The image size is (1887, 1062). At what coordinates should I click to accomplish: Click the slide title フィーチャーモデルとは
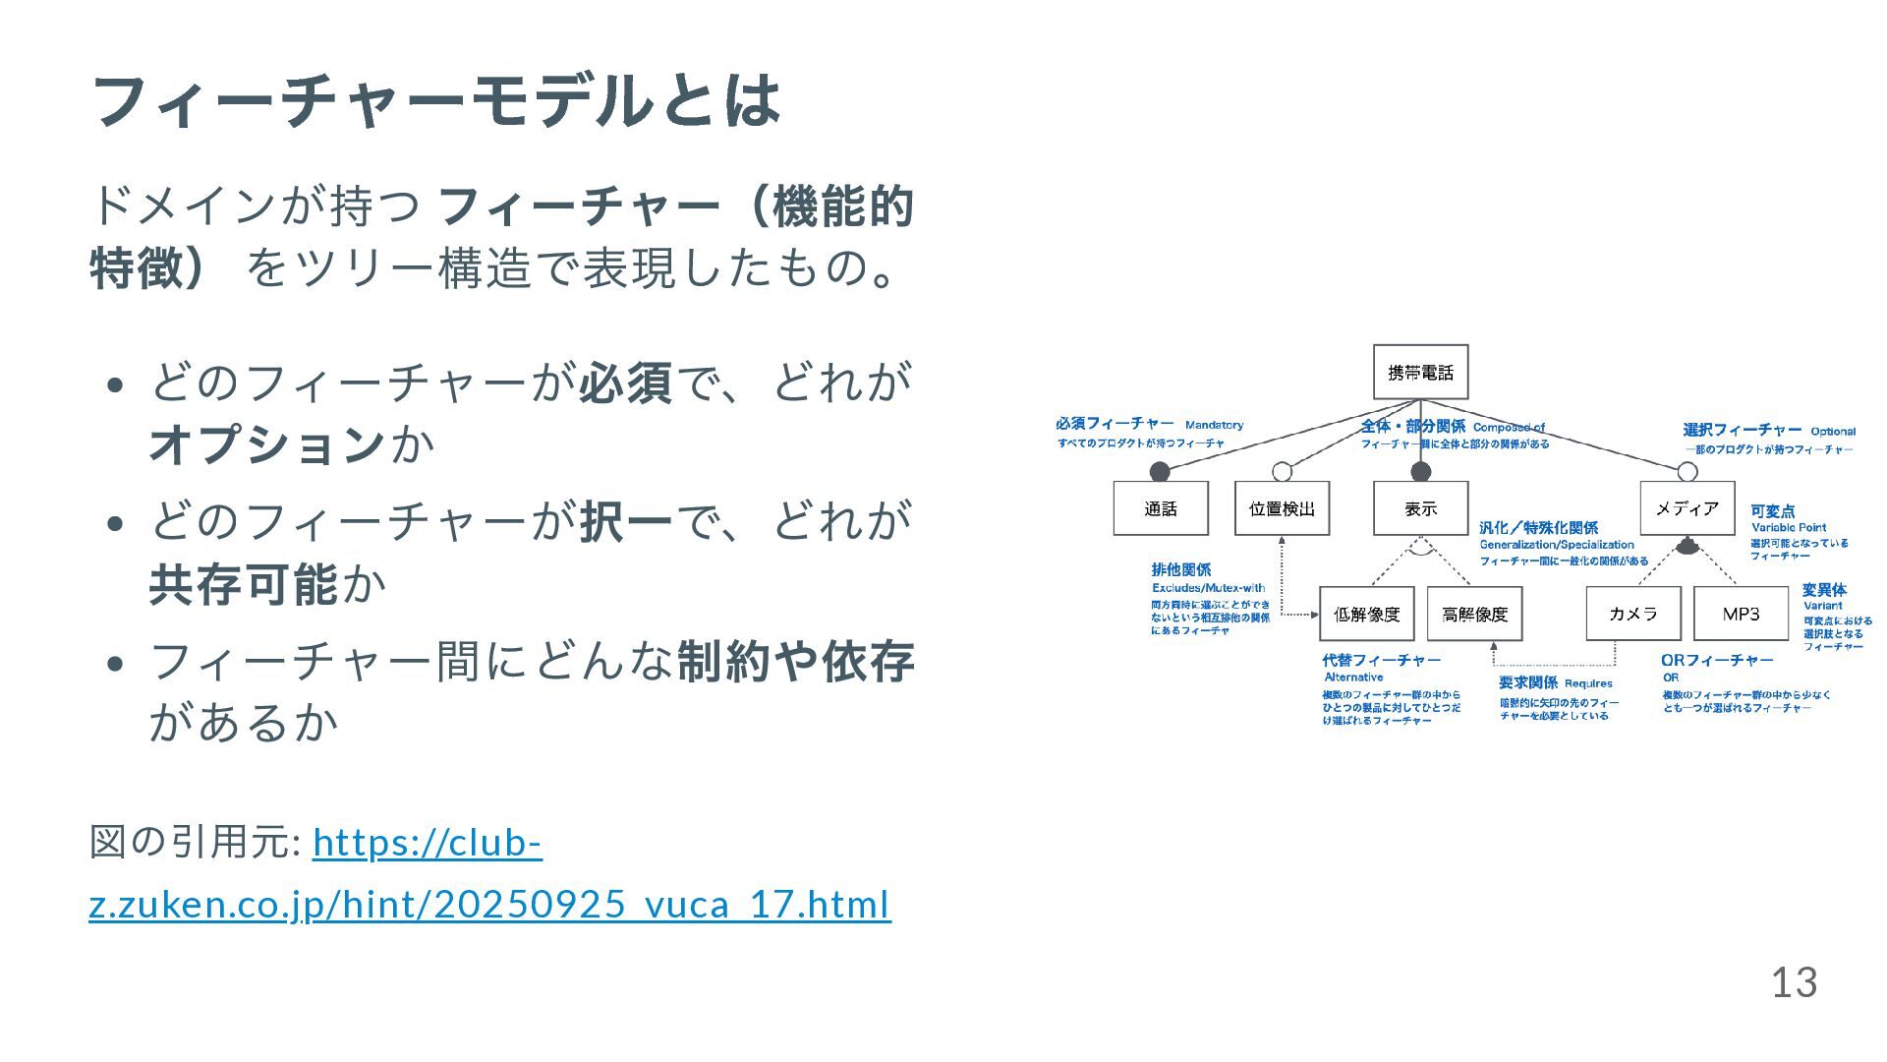coord(435,100)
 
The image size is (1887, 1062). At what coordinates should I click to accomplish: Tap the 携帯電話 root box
coord(1420,373)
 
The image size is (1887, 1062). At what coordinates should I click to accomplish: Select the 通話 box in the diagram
coord(1161,508)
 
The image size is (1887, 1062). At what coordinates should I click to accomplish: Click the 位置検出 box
coord(1282,508)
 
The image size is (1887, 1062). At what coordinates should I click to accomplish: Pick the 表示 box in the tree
coord(1420,508)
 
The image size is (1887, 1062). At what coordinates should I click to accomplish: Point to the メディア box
coord(1687,508)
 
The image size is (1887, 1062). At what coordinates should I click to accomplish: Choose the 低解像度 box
coord(1366,615)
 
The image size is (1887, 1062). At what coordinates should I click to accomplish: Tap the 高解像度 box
coord(1474,615)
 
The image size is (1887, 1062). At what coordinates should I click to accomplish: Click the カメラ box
coord(1633,614)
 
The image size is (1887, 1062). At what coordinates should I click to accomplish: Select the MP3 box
coord(1741,614)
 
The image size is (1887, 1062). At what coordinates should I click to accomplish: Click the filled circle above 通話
coord(1160,471)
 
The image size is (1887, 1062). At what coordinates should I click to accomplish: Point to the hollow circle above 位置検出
coord(1282,471)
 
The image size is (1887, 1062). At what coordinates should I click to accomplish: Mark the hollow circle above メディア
coord(1687,472)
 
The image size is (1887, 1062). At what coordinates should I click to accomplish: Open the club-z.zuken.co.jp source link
coord(489,873)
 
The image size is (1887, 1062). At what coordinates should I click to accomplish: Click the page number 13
coord(1794,982)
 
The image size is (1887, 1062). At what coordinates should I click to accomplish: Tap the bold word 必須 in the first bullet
coord(626,383)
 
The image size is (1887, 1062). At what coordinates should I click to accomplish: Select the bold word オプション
coord(266,444)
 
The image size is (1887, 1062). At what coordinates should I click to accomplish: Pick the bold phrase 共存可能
coord(244,584)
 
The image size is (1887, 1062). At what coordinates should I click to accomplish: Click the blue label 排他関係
coord(1181,569)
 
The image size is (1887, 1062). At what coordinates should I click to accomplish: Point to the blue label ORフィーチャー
coord(1717,660)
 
